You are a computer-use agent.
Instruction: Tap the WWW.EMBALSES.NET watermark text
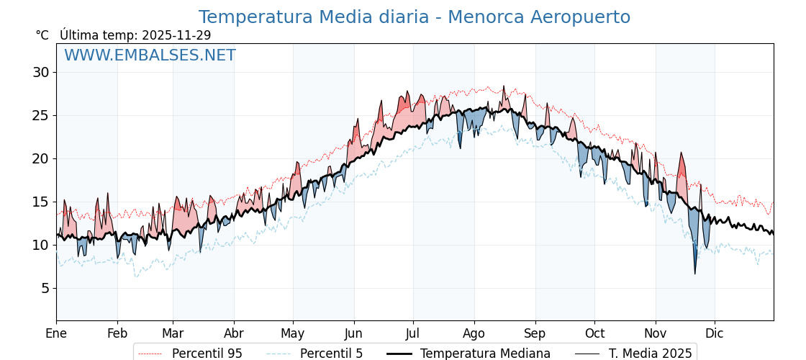point(150,55)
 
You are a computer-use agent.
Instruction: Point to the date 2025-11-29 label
point(176,35)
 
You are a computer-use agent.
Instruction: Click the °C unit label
point(42,35)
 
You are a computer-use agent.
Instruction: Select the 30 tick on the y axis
point(40,72)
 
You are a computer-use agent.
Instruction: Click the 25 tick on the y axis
point(40,115)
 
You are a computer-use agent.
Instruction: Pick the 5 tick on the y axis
point(45,288)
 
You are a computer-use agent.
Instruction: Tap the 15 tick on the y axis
point(40,202)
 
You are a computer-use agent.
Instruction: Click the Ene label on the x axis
point(56,333)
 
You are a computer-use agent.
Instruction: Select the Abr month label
point(234,333)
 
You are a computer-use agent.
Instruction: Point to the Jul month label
point(413,333)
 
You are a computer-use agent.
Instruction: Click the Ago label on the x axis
point(474,333)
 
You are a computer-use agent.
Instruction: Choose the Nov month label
point(656,333)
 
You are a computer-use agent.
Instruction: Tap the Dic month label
point(715,333)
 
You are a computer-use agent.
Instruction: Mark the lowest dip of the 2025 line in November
point(695,274)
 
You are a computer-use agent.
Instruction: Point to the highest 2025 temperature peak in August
point(504,86)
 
